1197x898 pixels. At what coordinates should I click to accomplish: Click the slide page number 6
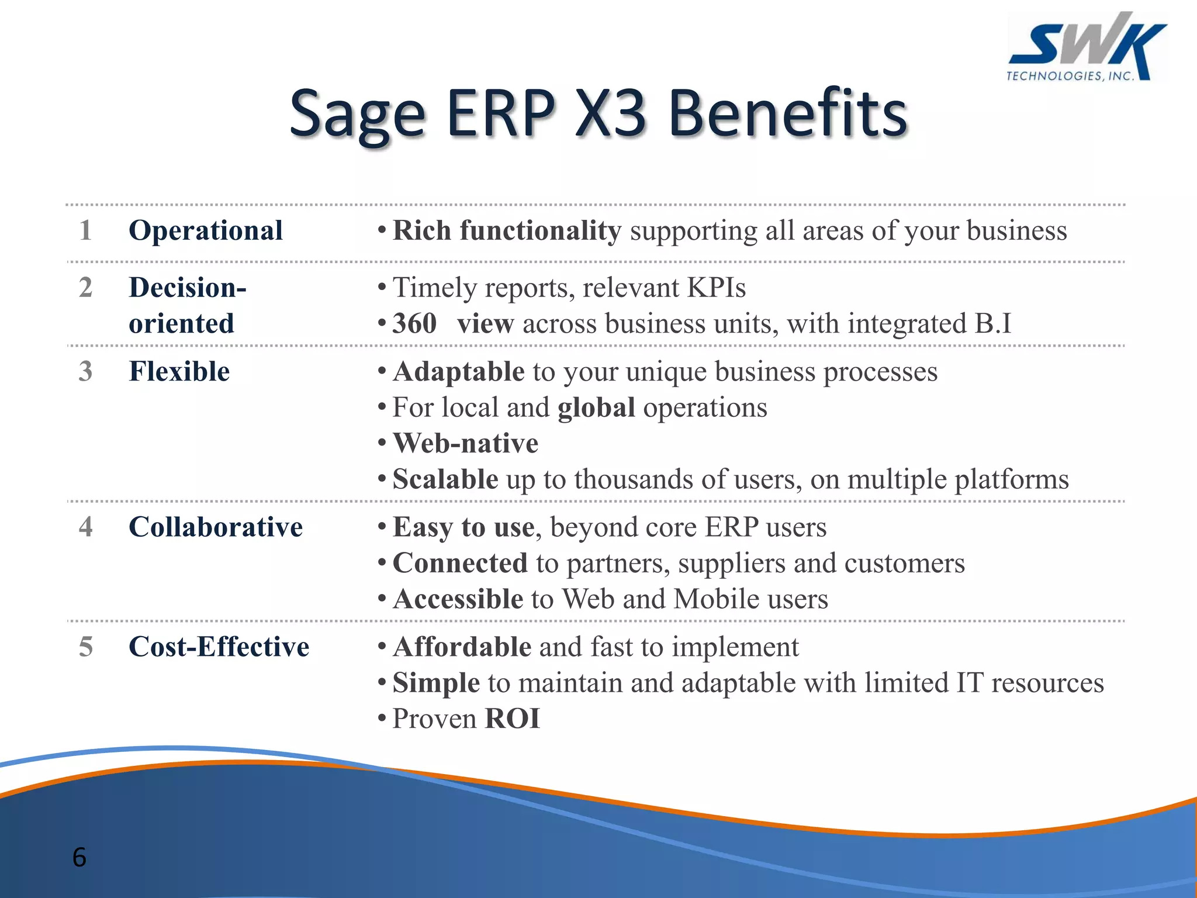click(x=79, y=857)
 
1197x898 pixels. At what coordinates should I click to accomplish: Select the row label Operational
click(x=206, y=230)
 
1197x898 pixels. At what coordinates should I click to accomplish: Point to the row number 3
click(x=85, y=371)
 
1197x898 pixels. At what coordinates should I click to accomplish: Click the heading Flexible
click(x=179, y=371)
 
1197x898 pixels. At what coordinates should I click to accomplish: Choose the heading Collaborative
click(x=216, y=527)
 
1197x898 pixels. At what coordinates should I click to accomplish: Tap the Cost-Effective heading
click(x=219, y=647)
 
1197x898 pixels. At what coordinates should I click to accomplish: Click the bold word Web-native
click(x=465, y=443)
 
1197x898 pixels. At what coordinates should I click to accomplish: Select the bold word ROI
click(x=512, y=719)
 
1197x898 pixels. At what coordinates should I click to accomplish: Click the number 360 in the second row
click(x=414, y=323)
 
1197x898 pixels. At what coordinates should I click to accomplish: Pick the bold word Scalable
click(x=445, y=479)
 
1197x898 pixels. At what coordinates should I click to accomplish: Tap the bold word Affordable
click(x=462, y=647)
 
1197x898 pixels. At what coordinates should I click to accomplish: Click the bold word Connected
click(x=460, y=563)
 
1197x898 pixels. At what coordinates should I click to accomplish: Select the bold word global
click(x=596, y=407)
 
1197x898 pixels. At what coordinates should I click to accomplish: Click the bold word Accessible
click(x=458, y=599)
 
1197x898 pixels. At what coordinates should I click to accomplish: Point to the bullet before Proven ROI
click(x=382, y=719)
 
